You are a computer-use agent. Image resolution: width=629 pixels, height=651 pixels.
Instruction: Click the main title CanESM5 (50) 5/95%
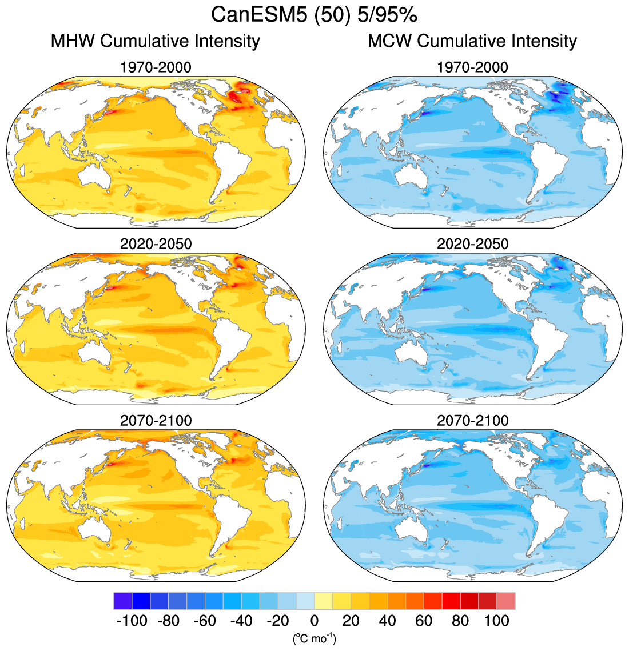(314, 15)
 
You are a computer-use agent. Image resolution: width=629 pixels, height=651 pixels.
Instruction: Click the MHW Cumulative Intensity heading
(156, 41)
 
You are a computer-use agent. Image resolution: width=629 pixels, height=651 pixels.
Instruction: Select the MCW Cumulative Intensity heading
(472, 41)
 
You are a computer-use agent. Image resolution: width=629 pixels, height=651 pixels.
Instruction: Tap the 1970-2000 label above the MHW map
(156, 67)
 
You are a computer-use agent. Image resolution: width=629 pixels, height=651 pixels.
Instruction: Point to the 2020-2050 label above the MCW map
(472, 244)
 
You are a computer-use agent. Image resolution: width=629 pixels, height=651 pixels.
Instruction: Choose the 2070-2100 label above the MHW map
(156, 421)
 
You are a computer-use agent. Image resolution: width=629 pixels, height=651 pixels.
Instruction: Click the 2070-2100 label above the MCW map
(472, 421)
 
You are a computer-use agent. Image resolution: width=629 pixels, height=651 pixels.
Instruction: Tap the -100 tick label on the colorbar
(132, 621)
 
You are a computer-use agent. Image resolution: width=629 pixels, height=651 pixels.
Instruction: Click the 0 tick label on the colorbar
(314, 621)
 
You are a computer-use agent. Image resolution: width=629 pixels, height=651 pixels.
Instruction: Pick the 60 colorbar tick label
(424, 621)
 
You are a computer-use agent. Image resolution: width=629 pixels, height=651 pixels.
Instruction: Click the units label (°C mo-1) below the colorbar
(314, 638)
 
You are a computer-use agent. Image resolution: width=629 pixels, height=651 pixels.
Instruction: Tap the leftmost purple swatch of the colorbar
(122, 601)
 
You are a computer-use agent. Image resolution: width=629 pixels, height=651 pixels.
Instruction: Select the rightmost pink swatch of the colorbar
(506, 601)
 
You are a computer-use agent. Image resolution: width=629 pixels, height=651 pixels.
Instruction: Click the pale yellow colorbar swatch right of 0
(324, 601)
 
